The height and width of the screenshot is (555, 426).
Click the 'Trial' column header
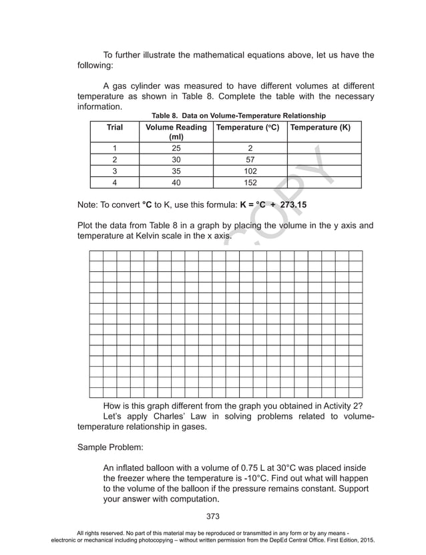(114, 127)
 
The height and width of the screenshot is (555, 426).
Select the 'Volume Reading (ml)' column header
(176, 132)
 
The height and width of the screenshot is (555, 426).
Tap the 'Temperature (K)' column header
(324, 127)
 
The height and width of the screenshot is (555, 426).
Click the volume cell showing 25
(176, 148)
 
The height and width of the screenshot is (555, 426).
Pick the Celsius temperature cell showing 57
(249, 160)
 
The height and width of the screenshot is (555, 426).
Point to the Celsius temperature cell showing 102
(249, 172)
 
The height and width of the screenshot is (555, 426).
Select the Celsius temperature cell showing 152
(249, 183)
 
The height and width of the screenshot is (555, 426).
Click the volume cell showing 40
(176, 183)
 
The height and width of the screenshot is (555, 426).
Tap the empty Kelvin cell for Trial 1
(324, 148)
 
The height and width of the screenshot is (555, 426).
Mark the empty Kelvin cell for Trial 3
(324, 172)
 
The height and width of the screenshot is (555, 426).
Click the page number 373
(213, 516)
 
